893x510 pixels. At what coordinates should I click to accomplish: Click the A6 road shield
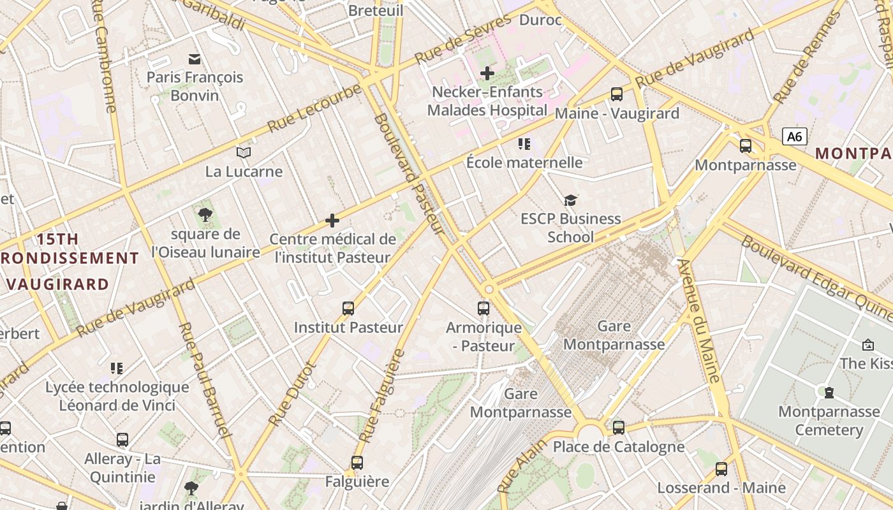pyautogui.click(x=794, y=136)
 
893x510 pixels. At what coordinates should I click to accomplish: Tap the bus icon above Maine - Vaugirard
pyautogui.click(x=617, y=94)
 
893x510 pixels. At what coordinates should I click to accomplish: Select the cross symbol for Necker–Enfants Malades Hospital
pyautogui.click(x=487, y=73)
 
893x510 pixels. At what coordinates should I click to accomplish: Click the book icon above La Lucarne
pyautogui.click(x=244, y=152)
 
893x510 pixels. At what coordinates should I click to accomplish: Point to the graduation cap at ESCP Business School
pyautogui.click(x=570, y=201)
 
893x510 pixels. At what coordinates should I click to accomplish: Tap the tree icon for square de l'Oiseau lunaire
pyautogui.click(x=205, y=215)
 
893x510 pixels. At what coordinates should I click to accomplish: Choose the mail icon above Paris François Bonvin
pyautogui.click(x=195, y=59)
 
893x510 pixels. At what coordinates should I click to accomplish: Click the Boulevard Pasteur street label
pyautogui.click(x=409, y=174)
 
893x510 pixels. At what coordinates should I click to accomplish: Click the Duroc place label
pyautogui.click(x=540, y=20)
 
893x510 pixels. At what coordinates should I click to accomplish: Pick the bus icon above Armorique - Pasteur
pyautogui.click(x=483, y=309)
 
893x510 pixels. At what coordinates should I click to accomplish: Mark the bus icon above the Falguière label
pyautogui.click(x=357, y=463)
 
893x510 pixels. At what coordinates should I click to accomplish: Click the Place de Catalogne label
pyautogui.click(x=618, y=447)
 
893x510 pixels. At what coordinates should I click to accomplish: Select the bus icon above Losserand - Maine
pyautogui.click(x=721, y=469)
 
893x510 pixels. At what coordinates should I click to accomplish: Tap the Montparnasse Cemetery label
pyautogui.click(x=829, y=421)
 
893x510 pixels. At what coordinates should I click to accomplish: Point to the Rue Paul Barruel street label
pyautogui.click(x=203, y=380)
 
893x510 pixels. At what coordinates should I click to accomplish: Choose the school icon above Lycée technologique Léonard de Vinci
pyautogui.click(x=117, y=368)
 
